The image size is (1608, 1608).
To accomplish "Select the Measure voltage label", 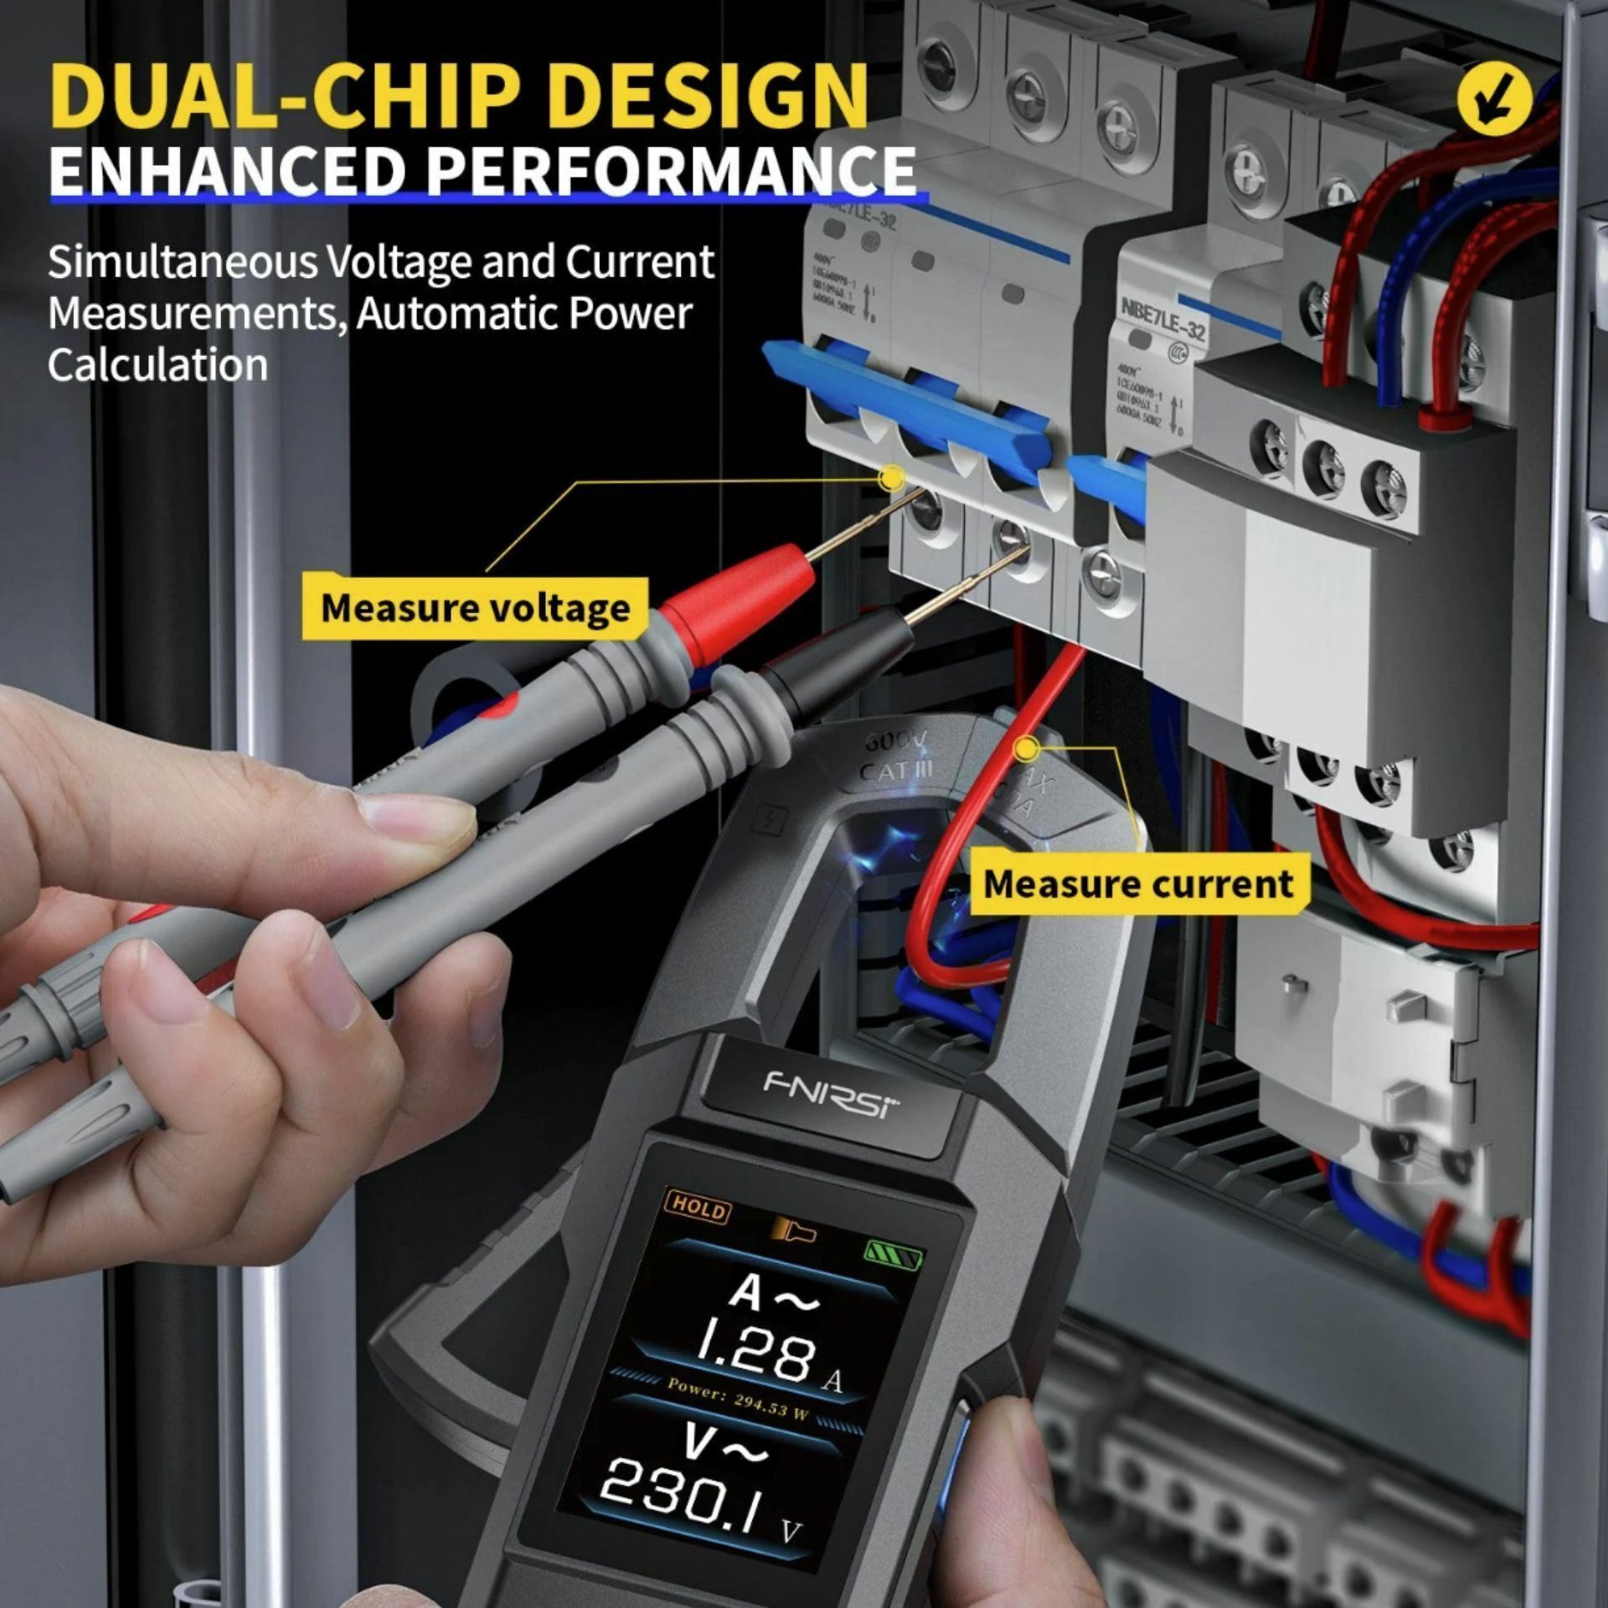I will (475, 608).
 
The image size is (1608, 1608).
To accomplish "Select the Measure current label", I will (1138, 884).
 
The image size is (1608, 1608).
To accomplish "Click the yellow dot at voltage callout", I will (893, 479).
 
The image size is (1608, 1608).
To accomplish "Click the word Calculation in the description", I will (157, 366).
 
